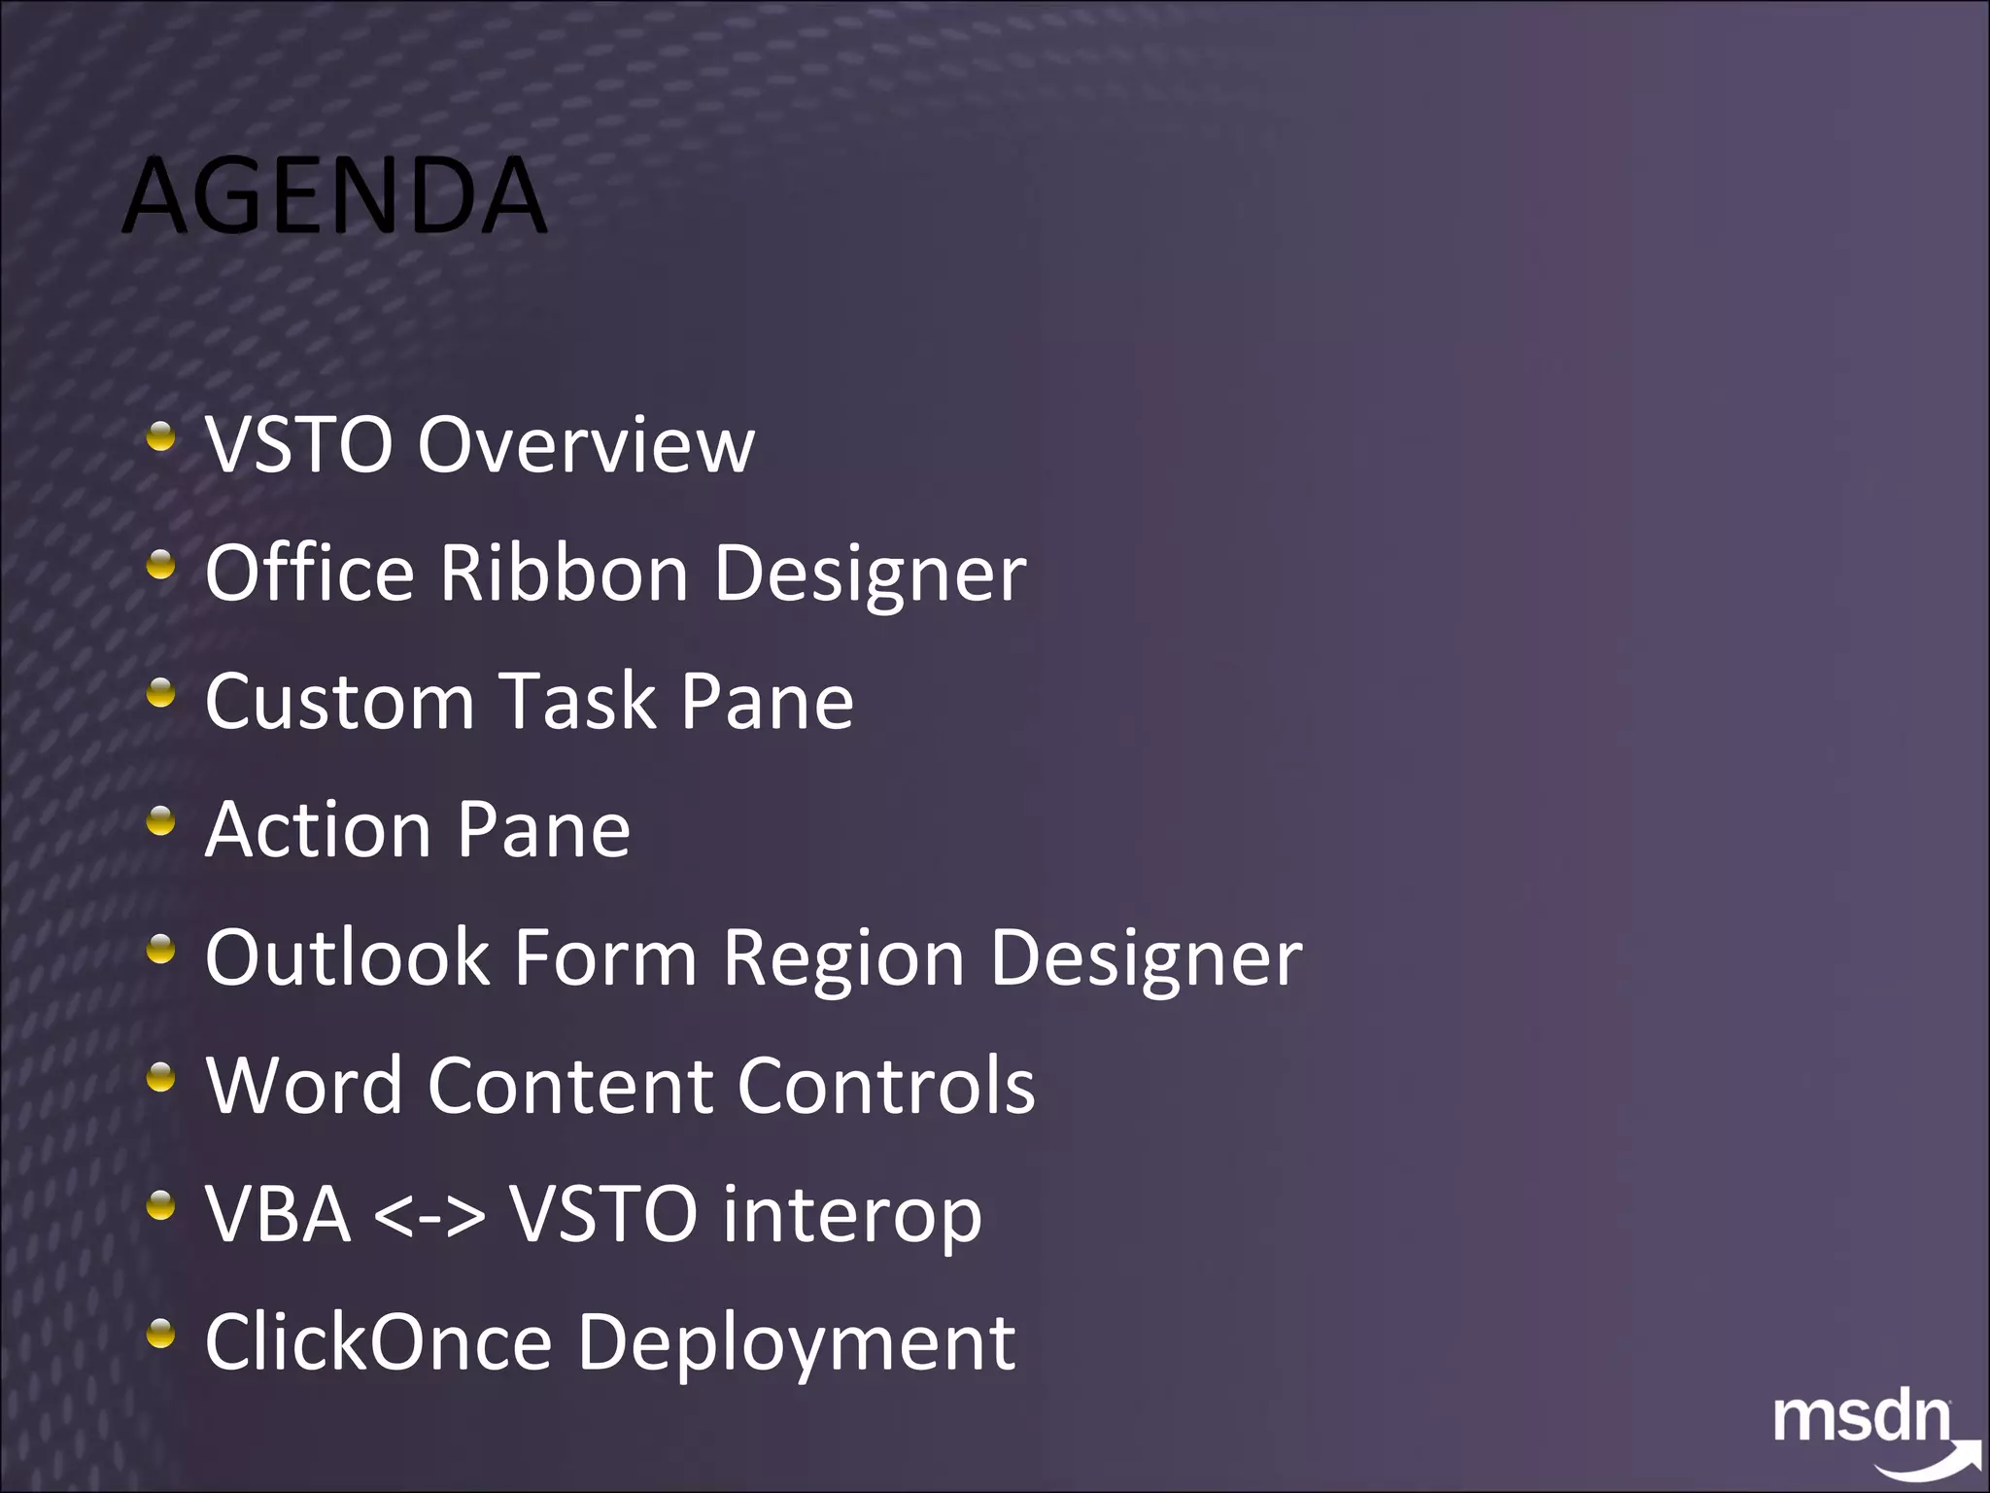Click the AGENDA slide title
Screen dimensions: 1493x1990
(335, 196)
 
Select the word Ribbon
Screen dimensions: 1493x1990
(565, 573)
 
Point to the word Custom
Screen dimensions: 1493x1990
(339, 702)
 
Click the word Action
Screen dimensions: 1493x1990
(319, 830)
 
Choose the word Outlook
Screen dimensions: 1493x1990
(347, 958)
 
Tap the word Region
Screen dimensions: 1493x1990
(843, 958)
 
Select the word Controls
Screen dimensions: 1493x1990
(886, 1087)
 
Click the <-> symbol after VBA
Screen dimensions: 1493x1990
(429, 1216)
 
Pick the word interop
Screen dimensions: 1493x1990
(851, 1216)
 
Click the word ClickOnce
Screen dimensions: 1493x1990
(379, 1343)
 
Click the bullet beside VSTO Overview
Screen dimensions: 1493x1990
(161, 436)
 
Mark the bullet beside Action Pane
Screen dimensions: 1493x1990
(161, 821)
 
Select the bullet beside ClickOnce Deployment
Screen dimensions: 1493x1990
(161, 1335)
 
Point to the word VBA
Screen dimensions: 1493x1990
(278, 1215)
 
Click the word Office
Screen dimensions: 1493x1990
(310, 573)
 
